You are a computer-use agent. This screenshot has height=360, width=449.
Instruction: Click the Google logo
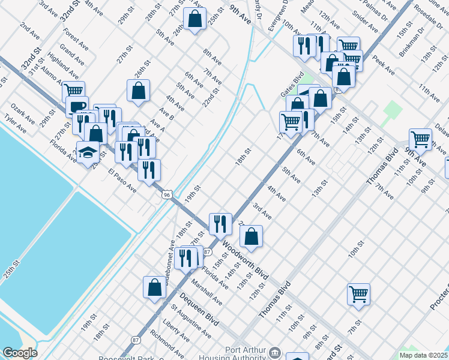tap(20, 353)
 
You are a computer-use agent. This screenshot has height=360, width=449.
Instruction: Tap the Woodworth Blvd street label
tap(244, 262)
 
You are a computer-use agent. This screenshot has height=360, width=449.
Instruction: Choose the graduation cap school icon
tap(88, 151)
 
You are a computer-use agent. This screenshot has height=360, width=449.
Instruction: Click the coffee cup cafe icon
tap(77, 107)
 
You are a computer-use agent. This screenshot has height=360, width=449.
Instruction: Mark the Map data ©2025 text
tap(423, 355)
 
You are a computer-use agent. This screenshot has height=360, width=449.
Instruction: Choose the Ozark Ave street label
tap(22, 112)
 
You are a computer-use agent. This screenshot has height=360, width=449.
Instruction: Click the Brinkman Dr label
tap(413, 40)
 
